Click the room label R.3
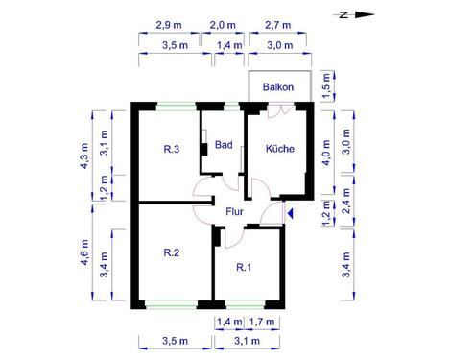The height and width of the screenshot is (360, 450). pyautogui.click(x=172, y=149)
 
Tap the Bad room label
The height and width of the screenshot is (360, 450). pyautogui.click(x=224, y=146)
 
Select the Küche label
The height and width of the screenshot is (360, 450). pyautogui.click(x=278, y=149)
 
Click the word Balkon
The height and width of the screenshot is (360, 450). pyautogui.click(x=278, y=86)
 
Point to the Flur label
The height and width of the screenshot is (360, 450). pyautogui.click(x=234, y=211)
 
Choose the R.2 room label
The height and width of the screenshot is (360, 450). pyautogui.click(x=172, y=253)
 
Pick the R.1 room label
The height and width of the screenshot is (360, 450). pyautogui.click(x=243, y=268)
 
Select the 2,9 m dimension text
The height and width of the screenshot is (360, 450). pyautogui.click(x=167, y=25)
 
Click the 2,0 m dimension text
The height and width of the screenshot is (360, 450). pyautogui.click(x=223, y=25)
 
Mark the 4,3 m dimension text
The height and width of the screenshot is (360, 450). pyautogui.click(x=84, y=155)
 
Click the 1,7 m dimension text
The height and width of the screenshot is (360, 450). pyautogui.click(x=262, y=321)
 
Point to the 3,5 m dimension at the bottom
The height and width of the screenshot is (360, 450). pyautogui.click(x=174, y=341)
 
